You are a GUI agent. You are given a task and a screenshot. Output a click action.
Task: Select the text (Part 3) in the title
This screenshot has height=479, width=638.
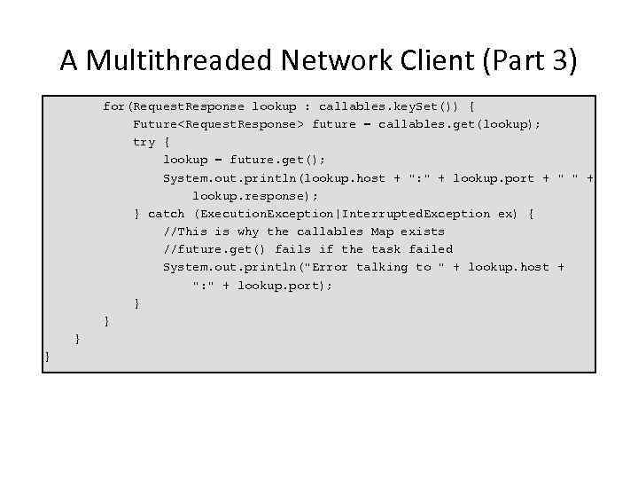[533, 61]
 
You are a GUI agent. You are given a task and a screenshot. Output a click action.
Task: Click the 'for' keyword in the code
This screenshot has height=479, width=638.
[113, 106]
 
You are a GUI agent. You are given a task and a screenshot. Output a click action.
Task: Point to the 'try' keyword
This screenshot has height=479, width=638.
[144, 142]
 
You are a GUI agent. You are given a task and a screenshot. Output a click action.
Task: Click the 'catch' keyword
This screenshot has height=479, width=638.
[166, 214]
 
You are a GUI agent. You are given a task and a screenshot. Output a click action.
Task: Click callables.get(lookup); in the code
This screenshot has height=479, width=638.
[459, 124]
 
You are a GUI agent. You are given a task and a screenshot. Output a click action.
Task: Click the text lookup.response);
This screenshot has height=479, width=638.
[255, 196]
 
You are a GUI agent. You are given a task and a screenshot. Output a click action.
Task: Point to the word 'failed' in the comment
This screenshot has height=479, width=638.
[431, 249]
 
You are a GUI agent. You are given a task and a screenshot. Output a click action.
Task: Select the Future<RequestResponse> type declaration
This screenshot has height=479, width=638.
[218, 124]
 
